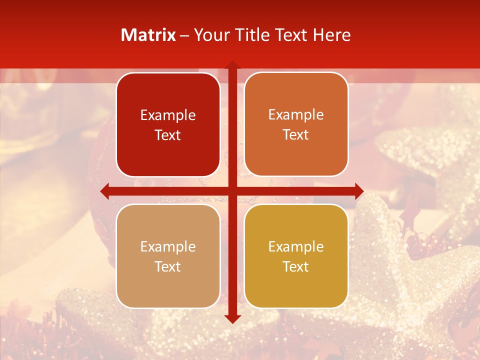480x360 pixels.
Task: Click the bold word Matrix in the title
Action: [148, 35]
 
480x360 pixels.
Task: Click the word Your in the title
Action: [212, 35]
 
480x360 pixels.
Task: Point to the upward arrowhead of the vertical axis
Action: [232, 65]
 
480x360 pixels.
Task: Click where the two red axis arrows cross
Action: [232, 191]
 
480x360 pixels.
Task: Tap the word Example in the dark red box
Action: [168, 115]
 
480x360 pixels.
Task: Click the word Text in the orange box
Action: [296, 135]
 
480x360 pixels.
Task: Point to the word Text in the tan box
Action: [168, 266]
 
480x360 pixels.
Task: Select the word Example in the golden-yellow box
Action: [296, 246]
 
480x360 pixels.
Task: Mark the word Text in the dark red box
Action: [168, 135]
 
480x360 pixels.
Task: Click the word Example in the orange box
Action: [296, 115]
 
